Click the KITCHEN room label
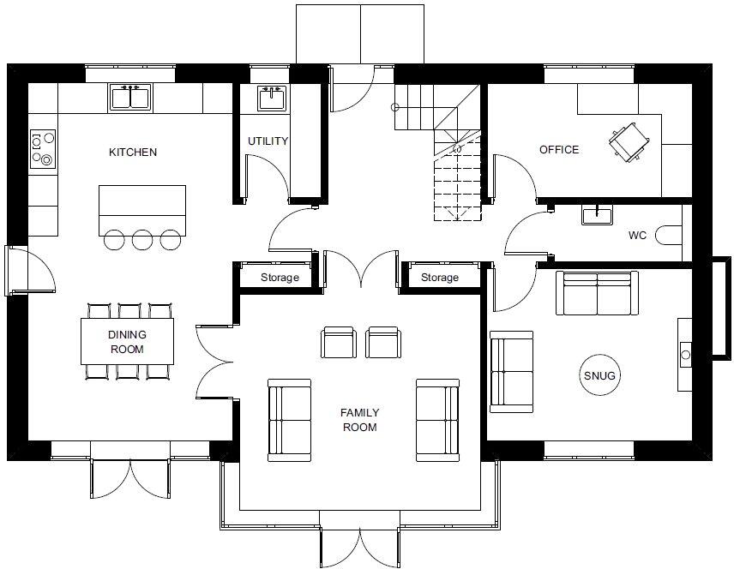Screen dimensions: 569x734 click(133, 153)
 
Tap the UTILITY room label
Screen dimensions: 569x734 click(268, 141)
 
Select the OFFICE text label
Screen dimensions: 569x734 click(559, 150)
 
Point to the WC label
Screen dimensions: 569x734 click(637, 234)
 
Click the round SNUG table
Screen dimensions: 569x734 click(600, 375)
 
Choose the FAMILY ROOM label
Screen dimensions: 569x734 click(359, 419)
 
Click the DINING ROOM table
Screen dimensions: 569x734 click(127, 341)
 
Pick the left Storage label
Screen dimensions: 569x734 click(280, 278)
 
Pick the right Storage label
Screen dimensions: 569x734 click(439, 278)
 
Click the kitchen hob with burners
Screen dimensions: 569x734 click(43, 147)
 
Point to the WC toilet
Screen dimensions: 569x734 click(668, 234)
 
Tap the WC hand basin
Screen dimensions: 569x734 click(597, 214)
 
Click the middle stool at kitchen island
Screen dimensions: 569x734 click(143, 239)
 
